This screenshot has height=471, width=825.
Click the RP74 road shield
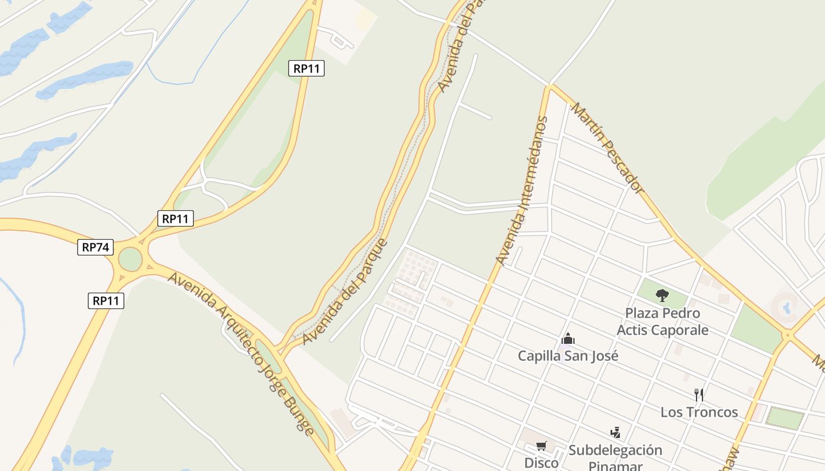[95, 247]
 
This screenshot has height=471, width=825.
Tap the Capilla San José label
[568, 356]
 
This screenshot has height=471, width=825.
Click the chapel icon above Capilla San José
[568, 339]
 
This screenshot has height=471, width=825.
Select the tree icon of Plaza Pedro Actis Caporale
[662, 295]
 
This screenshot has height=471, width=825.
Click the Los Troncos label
[699, 412]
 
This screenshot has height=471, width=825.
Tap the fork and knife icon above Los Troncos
[699, 394]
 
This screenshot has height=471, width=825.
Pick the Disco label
[541, 463]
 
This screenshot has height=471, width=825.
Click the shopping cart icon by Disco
[541, 446]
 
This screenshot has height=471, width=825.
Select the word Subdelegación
[615, 450]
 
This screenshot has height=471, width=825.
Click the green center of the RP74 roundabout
[130, 259]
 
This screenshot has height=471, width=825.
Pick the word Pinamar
[615, 466]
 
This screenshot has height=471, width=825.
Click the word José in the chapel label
[605, 356]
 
